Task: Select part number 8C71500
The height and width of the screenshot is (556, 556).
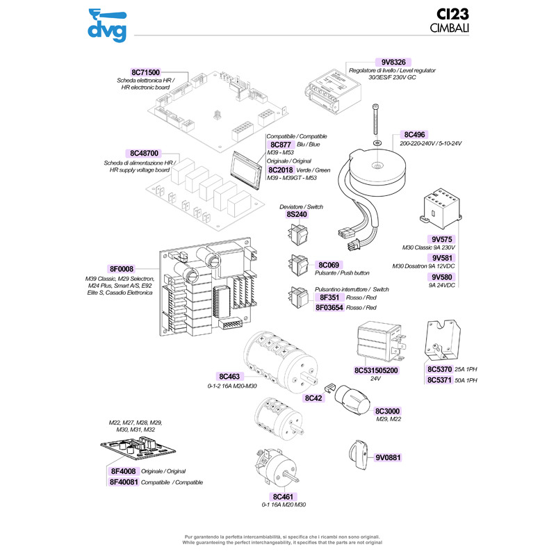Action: click(146, 72)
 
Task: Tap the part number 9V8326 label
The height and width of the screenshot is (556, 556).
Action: click(397, 61)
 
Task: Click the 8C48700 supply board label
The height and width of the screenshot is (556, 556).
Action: click(145, 153)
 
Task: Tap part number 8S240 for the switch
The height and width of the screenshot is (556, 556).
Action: click(297, 215)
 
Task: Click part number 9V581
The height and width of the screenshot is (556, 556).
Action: click(443, 258)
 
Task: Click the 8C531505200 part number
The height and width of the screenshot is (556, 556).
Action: click(377, 370)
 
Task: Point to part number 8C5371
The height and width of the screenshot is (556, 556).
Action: click(440, 380)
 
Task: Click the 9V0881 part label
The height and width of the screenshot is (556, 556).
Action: click(389, 458)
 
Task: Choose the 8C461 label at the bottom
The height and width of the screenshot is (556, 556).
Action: click(284, 496)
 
